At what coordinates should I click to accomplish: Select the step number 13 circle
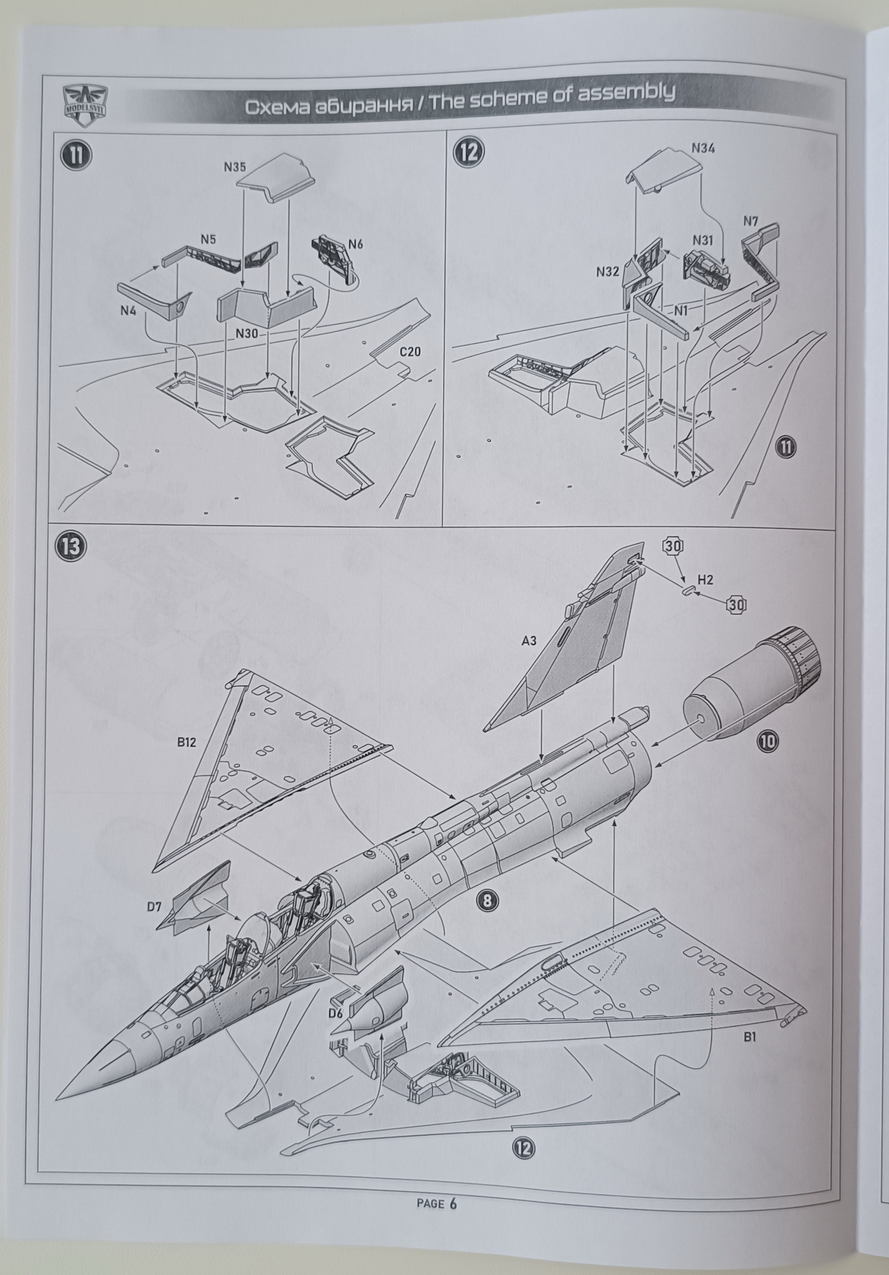(71, 546)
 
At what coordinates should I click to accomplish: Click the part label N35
(235, 168)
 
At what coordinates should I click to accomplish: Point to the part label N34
(703, 149)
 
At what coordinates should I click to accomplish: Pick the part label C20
(410, 352)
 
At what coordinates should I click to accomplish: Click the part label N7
(751, 222)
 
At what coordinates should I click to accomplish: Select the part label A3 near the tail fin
(529, 641)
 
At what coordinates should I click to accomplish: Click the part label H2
(705, 579)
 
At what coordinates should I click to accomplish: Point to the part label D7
(154, 906)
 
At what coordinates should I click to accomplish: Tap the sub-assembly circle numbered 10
(768, 740)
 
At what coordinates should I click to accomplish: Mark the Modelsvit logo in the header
(85, 101)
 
